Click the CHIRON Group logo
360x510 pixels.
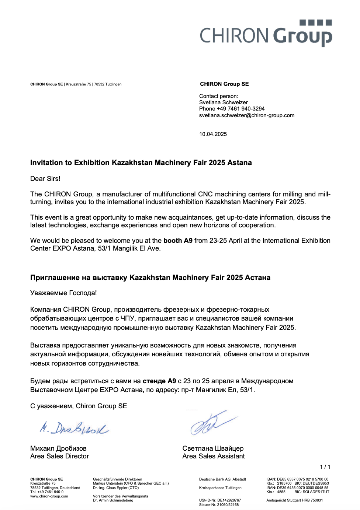pyautogui.click(x=266, y=34)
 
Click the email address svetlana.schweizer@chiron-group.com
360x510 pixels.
pyautogui.click(x=247, y=115)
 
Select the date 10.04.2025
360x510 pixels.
pyautogui.click(x=213, y=134)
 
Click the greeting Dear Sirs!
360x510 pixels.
pyautogui.click(x=45, y=179)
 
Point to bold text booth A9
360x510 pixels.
pyautogui.click(x=178, y=241)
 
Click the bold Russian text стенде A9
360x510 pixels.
pyautogui.click(x=159, y=381)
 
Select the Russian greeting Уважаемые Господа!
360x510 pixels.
pyautogui.click(x=63, y=293)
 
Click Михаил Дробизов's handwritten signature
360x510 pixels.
pyautogui.click(x=74, y=428)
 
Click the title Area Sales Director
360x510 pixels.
pyautogui.click(x=59, y=456)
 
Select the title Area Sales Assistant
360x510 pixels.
pyautogui.click(x=213, y=456)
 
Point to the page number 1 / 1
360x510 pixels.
pyautogui.click(x=325, y=467)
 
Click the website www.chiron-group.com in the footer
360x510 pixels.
pyautogui.click(x=49, y=496)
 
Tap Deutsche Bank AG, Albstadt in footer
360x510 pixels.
pyautogui.click(x=222, y=479)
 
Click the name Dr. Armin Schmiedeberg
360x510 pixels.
pyautogui.click(x=113, y=500)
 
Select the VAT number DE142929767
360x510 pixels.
pyautogui.click(x=229, y=500)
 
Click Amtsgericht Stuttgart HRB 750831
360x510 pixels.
pyautogui.click(x=294, y=500)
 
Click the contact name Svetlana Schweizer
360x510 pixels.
pyautogui.click(x=223, y=102)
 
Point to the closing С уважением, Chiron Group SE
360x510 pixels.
pyautogui.click(x=79, y=406)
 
